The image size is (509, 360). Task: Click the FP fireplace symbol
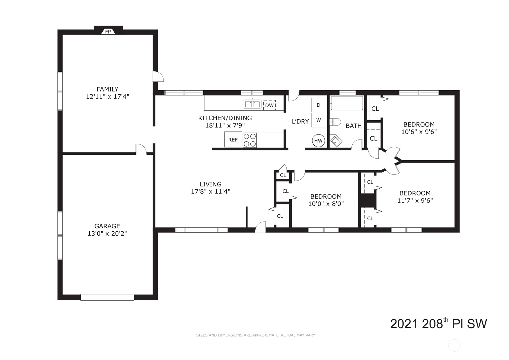pyautogui.click(x=108, y=32)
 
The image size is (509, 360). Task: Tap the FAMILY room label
pyautogui.click(x=108, y=89)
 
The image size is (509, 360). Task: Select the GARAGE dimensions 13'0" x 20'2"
pyautogui.click(x=107, y=234)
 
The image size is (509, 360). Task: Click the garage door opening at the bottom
pyautogui.click(x=107, y=297)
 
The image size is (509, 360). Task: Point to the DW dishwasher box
pyautogui.click(x=269, y=105)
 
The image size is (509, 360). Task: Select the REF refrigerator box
pyautogui.click(x=233, y=140)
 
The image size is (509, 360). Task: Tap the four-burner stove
pyautogui.click(x=250, y=140)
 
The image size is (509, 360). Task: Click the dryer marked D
pyautogui.click(x=318, y=105)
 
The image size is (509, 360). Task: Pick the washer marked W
pyautogui.click(x=318, y=120)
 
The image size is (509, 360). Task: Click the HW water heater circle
pyautogui.click(x=318, y=141)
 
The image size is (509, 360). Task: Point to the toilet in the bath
pyautogui.click(x=335, y=122)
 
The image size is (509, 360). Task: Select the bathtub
pyautogui.click(x=347, y=103)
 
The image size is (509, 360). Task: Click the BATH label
pyautogui.click(x=354, y=126)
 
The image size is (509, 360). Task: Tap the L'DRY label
pyautogui.click(x=300, y=122)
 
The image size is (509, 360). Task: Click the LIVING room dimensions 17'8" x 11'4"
pyautogui.click(x=210, y=191)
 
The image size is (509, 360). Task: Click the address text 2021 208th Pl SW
pyautogui.click(x=438, y=324)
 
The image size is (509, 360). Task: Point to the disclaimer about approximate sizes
pyautogui.click(x=256, y=335)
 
